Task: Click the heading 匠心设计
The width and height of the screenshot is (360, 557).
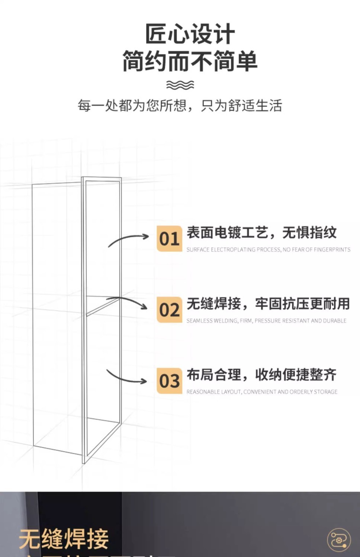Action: (190, 34)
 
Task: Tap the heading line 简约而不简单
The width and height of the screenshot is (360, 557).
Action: (190, 61)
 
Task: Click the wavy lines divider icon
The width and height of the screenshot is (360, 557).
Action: (180, 85)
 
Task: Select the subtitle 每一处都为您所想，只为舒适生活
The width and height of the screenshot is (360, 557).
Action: (180, 106)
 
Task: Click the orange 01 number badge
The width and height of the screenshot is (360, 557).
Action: (169, 239)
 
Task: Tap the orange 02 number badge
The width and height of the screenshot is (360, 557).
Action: (169, 310)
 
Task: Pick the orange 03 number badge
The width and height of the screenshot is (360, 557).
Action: (169, 381)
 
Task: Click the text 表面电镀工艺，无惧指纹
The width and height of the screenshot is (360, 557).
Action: (261, 233)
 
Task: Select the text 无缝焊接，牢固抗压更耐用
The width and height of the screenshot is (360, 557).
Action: (268, 304)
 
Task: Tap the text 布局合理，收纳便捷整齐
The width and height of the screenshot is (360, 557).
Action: (261, 375)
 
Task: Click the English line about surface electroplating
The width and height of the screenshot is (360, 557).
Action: (268, 249)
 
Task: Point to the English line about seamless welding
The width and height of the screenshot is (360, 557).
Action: (266, 321)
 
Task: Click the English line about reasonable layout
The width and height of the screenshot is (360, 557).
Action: (262, 392)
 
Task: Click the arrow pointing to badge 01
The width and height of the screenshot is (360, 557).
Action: (128, 239)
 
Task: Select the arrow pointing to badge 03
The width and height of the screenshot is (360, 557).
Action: (126, 377)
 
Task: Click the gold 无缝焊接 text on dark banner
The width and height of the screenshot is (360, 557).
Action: (64, 539)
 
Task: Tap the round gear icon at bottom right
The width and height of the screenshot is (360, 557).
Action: (338, 540)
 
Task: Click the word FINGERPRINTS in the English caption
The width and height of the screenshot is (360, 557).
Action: (332, 249)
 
